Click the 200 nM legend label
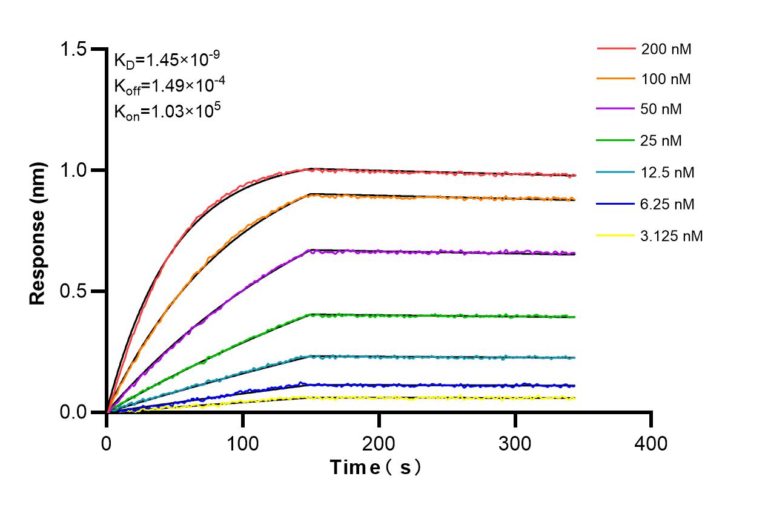[666, 49]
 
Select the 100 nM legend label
[666, 79]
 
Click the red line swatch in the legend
[616, 48]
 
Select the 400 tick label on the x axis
[651, 444]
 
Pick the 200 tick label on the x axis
[379, 444]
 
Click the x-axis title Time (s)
[375, 468]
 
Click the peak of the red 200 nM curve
[311, 169]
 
